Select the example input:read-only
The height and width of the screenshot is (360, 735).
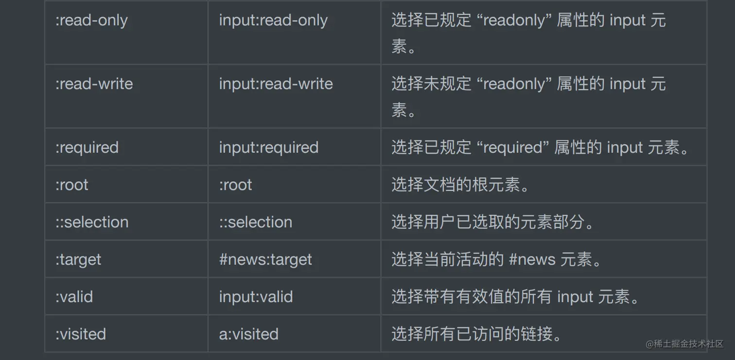tap(273, 20)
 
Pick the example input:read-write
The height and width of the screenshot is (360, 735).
tap(276, 84)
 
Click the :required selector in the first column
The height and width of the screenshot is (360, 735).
tap(87, 148)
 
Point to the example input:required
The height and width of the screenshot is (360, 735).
tap(269, 148)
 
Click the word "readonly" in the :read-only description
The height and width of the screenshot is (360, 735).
tap(514, 20)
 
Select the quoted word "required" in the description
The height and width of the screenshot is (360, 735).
tap(513, 148)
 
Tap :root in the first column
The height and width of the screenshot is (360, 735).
tap(72, 185)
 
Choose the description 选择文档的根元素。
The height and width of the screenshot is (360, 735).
tap(460, 185)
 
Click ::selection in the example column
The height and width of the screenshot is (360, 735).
tap(256, 222)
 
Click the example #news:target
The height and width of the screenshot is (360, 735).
tap(265, 260)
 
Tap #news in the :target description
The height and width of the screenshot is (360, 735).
tap(532, 259)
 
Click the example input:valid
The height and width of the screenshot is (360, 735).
tap(256, 297)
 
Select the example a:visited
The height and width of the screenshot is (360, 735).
tap(249, 334)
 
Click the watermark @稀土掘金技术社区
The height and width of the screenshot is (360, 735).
tap(684, 343)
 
